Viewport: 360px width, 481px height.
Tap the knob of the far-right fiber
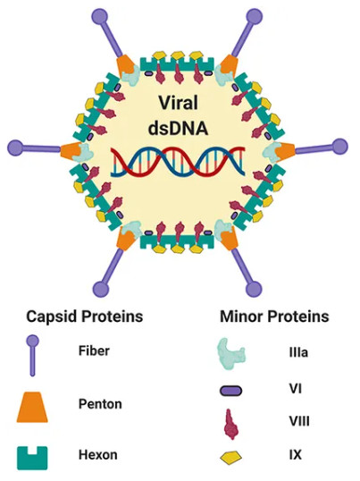point(340,148)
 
